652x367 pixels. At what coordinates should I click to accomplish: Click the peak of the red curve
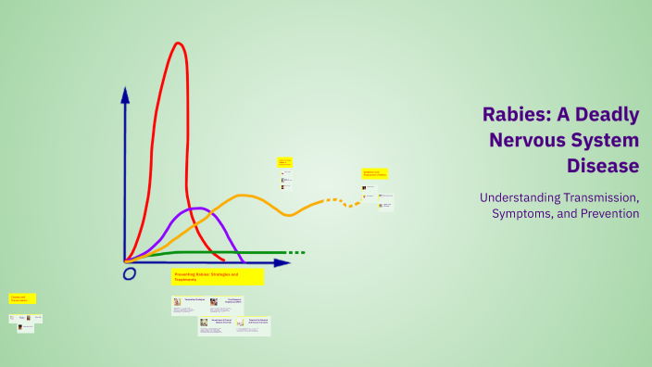176,44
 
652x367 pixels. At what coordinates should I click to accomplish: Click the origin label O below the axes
129,274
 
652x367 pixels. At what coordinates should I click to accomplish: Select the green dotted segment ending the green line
295,252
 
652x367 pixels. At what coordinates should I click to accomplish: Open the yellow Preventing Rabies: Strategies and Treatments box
218,276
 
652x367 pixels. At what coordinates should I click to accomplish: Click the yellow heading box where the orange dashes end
374,173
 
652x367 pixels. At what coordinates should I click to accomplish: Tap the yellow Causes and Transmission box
22,298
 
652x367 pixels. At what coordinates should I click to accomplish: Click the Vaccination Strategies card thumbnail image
177,302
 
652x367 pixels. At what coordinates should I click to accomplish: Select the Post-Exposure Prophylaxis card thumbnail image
213,302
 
